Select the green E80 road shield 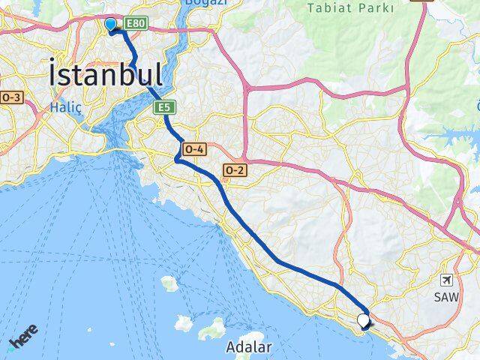point(135,24)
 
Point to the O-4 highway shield point(193,149)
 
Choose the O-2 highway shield point(235,170)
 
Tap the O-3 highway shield point(12,97)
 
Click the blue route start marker point(111,25)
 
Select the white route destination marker point(364,320)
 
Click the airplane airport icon point(448,280)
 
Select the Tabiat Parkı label point(350,8)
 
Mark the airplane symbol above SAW point(448,280)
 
